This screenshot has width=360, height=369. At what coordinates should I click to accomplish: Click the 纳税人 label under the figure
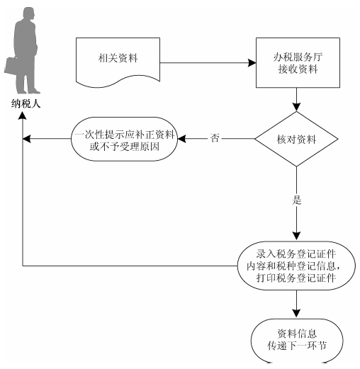tap(26, 103)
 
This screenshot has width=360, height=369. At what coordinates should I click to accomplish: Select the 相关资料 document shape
tap(118, 62)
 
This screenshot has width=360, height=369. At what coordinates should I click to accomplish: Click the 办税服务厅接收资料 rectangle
tap(298, 62)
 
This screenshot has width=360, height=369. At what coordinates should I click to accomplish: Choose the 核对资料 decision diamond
tap(296, 139)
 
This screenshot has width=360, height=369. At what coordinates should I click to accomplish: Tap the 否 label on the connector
tap(215, 138)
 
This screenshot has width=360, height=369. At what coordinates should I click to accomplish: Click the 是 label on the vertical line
tap(297, 200)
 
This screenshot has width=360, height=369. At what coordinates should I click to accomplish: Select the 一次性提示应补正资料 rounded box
tap(124, 139)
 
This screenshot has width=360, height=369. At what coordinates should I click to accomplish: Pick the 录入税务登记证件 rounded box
tap(296, 266)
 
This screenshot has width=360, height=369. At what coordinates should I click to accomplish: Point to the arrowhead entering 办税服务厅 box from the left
tap(252, 63)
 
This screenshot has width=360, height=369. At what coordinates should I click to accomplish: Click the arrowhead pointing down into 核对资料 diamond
tap(296, 107)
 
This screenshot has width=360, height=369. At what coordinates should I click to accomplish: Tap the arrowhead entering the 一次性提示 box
tap(181, 139)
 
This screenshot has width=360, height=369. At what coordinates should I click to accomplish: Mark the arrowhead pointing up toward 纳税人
tap(23, 115)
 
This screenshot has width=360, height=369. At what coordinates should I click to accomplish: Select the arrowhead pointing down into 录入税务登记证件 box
tap(296, 236)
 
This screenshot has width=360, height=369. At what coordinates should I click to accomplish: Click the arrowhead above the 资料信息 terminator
tap(296, 314)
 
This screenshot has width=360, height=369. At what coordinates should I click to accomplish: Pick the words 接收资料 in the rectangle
tap(298, 69)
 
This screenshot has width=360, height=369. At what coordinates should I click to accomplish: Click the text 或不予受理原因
tap(125, 147)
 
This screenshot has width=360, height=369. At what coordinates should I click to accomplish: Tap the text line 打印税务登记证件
tap(296, 278)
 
